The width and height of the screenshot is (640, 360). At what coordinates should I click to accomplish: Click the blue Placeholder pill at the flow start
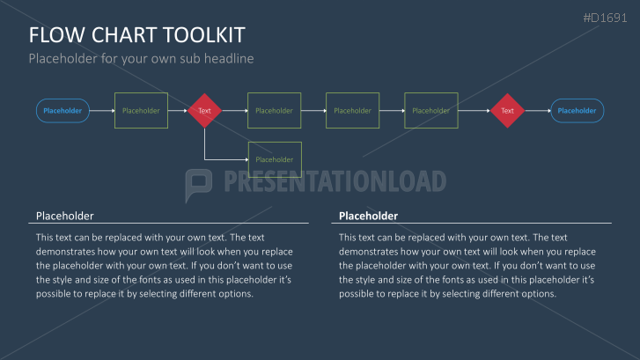63,111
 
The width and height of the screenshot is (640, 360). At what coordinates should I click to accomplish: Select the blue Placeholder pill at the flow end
577,111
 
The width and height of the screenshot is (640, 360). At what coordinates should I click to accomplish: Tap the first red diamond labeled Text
204,111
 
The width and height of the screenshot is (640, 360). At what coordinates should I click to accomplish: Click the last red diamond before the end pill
507,111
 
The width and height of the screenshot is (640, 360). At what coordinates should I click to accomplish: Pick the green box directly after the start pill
141,111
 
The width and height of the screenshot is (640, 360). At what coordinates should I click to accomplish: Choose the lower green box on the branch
275,159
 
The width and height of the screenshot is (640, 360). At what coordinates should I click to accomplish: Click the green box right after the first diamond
275,111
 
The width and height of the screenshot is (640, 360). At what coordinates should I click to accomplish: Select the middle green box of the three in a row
353,111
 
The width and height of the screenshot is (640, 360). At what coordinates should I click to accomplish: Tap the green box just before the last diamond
431,111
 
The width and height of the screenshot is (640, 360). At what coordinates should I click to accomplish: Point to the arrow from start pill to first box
102,111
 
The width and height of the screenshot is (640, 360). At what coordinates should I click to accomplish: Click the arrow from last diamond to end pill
538,111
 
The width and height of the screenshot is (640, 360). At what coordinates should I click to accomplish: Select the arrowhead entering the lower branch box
246,159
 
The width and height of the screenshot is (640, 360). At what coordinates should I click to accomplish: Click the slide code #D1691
605,18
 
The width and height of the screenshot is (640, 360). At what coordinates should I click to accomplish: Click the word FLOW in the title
56,35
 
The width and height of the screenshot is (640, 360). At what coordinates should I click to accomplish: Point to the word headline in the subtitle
229,58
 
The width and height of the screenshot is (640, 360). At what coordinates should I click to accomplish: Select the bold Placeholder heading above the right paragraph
368,216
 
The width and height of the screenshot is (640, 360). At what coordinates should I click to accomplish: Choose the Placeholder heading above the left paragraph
65,216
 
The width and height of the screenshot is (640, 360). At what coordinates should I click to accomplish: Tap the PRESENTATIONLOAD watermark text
335,181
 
